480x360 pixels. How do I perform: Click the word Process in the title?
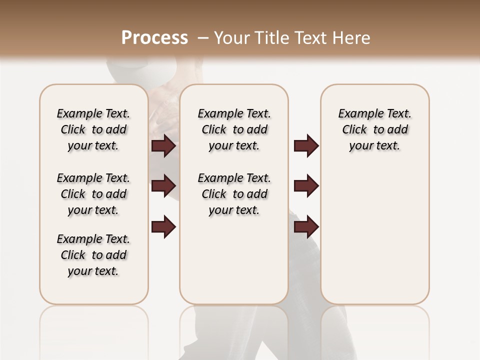coord(154,38)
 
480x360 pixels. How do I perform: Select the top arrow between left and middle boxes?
coord(163,146)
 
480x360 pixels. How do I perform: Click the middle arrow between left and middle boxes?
coord(163,186)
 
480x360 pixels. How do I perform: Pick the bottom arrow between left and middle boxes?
coord(163,227)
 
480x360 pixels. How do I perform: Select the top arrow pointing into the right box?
coord(306,146)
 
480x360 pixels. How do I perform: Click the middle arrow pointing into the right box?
coord(306,186)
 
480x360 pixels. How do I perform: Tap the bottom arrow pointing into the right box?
coord(306,227)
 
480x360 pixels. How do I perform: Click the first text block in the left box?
coord(93,129)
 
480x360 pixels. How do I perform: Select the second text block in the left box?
coord(93,194)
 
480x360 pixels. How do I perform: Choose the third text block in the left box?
coord(93,255)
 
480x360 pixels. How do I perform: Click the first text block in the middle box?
coord(234,129)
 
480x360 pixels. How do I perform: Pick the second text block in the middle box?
coord(234,194)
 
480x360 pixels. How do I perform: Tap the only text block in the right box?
coord(374,129)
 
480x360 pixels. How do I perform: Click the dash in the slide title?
coord(202,38)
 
